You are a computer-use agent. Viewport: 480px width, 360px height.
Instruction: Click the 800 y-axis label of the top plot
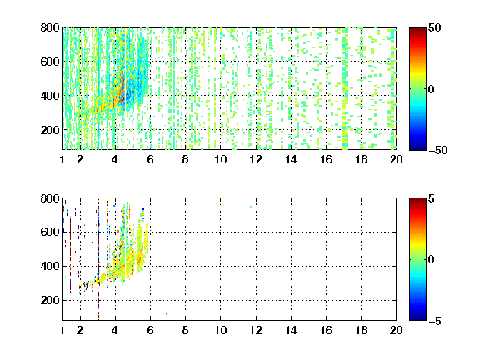[x=50, y=27]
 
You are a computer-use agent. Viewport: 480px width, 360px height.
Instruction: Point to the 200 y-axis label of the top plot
[x=50, y=130]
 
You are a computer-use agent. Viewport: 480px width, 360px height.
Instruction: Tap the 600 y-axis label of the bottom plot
[x=50, y=232]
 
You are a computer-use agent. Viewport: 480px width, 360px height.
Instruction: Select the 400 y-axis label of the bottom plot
[x=50, y=266]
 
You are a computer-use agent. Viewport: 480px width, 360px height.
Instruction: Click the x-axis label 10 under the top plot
[x=220, y=159]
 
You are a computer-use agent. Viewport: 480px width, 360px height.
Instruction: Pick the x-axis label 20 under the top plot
[x=396, y=159]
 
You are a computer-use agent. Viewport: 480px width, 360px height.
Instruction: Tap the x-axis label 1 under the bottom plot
[x=62, y=330]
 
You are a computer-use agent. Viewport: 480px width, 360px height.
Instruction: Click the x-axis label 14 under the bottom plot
[x=291, y=330]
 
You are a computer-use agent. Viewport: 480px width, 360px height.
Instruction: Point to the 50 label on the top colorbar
[x=434, y=27]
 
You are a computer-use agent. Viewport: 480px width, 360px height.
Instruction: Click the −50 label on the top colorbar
[x=437, y=150]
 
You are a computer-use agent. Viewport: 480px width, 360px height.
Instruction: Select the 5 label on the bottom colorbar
[x=431, y=198]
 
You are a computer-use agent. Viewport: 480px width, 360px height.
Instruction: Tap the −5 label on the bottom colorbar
[x=435, y=321]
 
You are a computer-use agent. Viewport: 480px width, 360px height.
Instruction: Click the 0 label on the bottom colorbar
[x=431, y=260]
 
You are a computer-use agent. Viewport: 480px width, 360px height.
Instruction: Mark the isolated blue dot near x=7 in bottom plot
[x=167, y=314]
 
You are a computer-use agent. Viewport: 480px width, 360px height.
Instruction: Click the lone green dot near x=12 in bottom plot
[x=251, y=207]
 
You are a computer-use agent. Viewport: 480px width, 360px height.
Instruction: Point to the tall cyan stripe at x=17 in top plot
[x=346, y=88]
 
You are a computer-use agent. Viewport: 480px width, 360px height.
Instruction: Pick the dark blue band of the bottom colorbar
[x=417, y=315]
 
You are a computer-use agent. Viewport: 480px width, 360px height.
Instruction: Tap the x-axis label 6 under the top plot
[x=150, y=159]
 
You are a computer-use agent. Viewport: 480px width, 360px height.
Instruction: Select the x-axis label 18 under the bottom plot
[x=361, y=330]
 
